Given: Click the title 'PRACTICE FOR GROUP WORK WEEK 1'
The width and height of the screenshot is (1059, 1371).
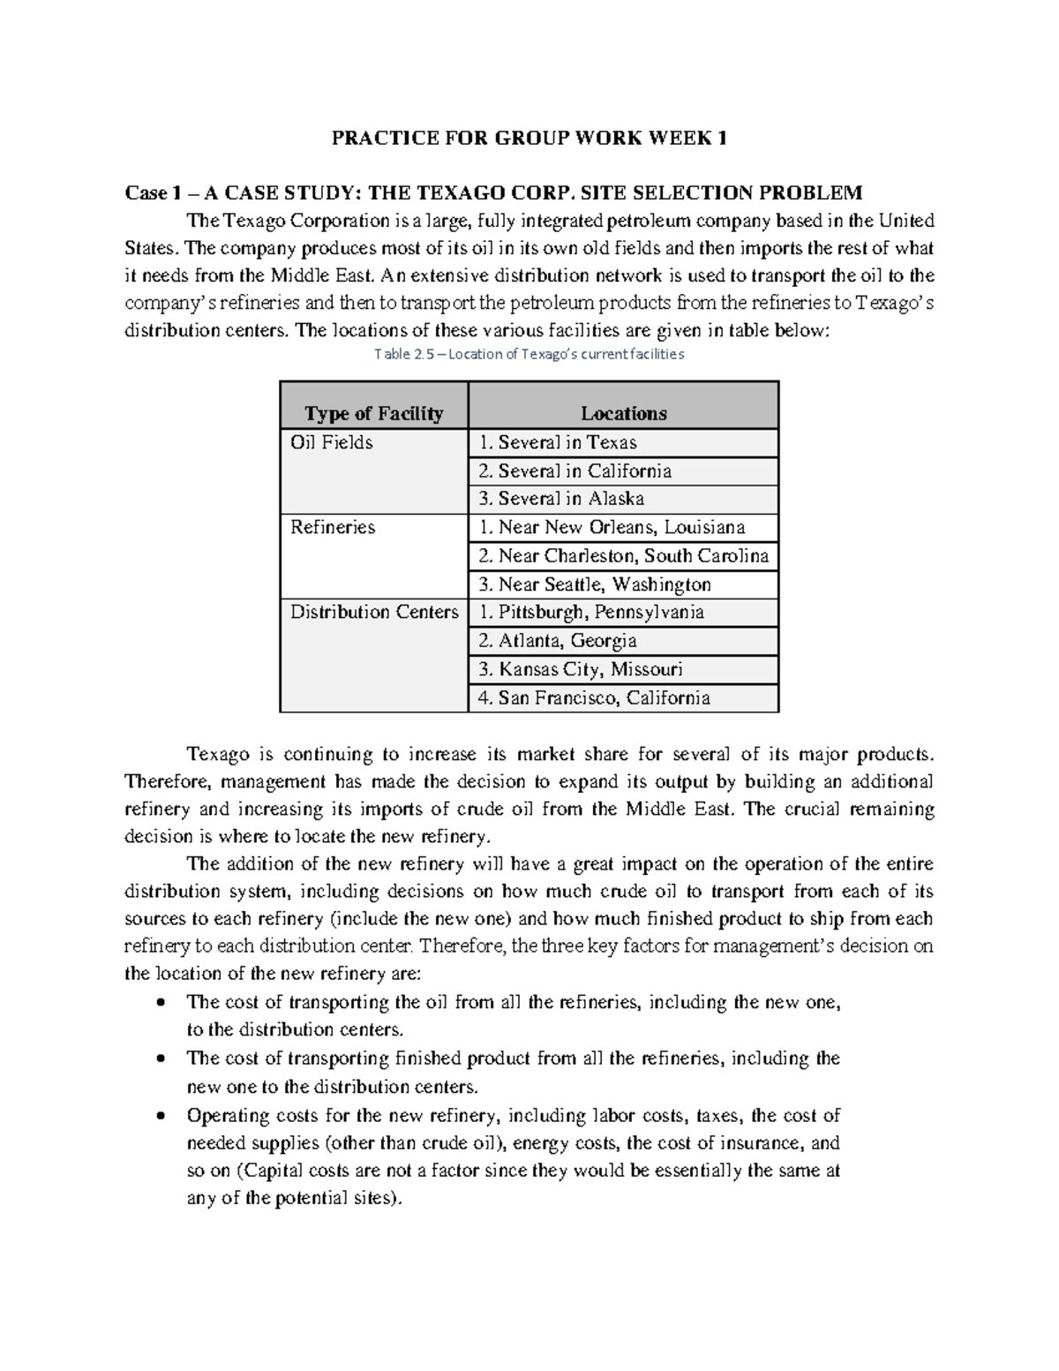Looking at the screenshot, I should click(529, 138).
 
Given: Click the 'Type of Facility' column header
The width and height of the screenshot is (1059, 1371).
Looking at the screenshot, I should click(373, 413).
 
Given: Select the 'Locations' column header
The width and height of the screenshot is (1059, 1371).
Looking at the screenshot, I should click(623, 413).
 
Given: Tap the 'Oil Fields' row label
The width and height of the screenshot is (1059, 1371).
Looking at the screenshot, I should click(332, 442).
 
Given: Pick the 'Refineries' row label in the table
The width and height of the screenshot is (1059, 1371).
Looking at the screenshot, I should click(333, 527).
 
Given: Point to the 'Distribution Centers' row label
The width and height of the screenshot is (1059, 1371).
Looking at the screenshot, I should click(374, 612).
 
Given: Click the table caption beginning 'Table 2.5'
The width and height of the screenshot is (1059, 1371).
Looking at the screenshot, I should click(529, 354).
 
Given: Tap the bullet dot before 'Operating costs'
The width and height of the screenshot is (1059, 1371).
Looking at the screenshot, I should click(160, 1116).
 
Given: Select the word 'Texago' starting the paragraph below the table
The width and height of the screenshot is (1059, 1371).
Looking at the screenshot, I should click(215, 754).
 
